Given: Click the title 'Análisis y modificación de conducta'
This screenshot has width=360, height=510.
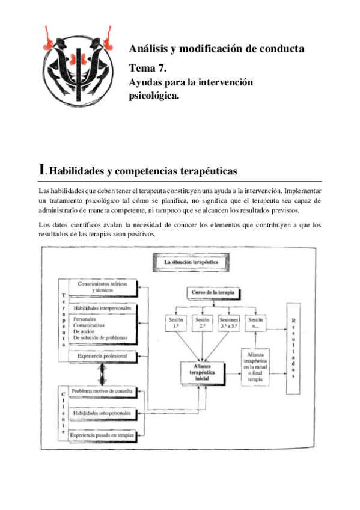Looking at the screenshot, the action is click(216, 48).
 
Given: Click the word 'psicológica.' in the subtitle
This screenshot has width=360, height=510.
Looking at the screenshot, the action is click(154, 94).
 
